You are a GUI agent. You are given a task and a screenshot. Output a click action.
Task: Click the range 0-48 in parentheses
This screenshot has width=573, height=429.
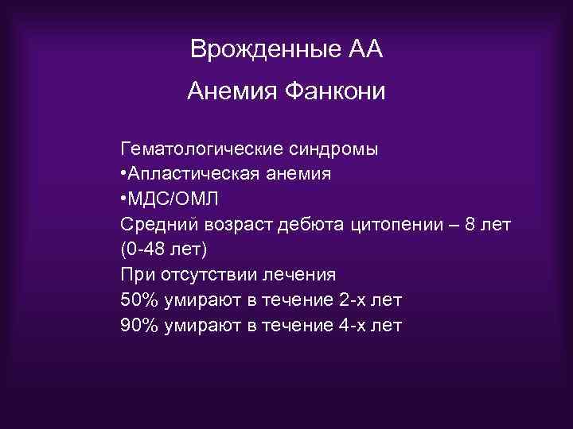[x=147, y=249]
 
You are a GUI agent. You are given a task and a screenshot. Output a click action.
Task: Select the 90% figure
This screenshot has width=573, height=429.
[x=138, y=326]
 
